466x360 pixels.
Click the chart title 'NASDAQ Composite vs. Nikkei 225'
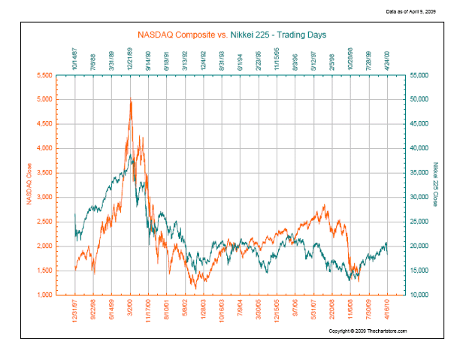(231, 34)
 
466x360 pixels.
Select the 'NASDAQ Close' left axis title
(30, 185)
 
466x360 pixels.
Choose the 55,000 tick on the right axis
(418, 76)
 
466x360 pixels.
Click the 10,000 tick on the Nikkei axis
(418, 295)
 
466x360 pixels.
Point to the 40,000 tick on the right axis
(418, 149)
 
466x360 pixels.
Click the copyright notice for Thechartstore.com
(368, 330)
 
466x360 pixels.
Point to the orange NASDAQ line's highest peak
(131, 101)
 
